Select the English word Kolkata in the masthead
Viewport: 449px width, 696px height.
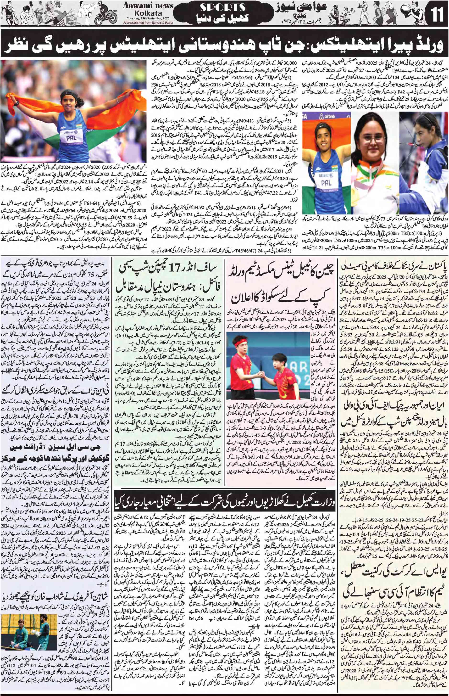pyautogui.click(x=148, y=13)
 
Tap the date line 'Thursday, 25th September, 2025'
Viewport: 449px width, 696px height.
pyautogui.click(x=148, y=19)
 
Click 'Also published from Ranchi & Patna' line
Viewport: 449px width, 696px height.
pyautogui.click(x=148, y=22)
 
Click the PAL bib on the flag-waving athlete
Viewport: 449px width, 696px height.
pyautogui.click(x=72, y=138)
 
